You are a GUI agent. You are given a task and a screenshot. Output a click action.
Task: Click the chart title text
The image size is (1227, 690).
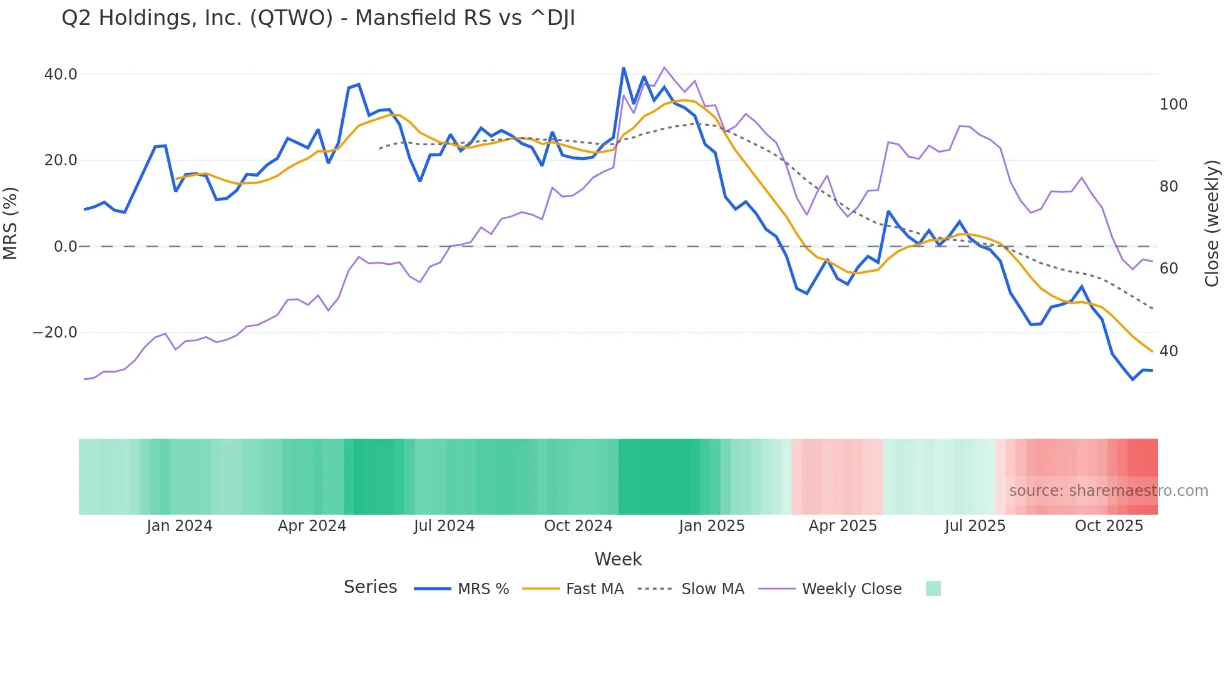click(318, 18)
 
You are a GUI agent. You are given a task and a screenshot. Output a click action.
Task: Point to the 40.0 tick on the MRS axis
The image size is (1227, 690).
click(61, 75)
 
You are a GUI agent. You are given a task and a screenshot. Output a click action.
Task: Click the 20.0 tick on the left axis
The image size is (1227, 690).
click(61, 160)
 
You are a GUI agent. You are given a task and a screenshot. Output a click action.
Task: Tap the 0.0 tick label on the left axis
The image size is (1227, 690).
click(65, 247)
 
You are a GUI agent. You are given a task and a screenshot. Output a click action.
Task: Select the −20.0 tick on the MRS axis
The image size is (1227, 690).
click(55, 332)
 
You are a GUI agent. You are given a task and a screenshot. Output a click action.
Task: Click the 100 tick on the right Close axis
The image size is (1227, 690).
click(1173, 105)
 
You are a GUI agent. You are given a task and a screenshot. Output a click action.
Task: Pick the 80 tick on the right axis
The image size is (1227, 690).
click(1168, 187)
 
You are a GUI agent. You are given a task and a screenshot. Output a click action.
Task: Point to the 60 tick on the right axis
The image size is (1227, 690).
click(1168, 269)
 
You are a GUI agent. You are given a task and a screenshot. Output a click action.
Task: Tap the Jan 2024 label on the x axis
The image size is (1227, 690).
click(180, 526)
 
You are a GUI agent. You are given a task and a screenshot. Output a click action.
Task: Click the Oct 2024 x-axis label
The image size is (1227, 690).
click(578, 526)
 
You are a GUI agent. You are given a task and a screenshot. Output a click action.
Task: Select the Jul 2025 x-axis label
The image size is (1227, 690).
click(975, 526)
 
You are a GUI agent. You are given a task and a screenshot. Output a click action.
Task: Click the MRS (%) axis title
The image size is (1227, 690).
click(11, 223)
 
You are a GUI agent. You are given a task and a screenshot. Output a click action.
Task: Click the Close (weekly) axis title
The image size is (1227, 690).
click(1213, 223)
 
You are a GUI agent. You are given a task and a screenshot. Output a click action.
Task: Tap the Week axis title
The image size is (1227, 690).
click(618, 559)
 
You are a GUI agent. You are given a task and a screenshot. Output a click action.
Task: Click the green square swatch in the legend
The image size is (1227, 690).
click(933, 589)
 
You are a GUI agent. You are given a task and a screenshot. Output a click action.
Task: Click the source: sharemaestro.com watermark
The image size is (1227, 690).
click(1108, 491)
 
